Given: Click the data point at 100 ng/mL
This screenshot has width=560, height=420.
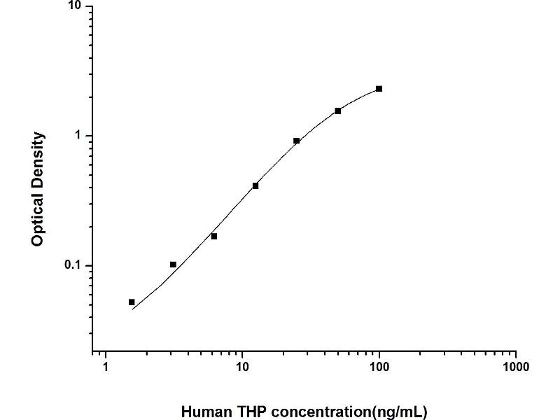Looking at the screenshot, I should (379, 89).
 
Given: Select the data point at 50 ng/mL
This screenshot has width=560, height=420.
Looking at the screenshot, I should (338, 111).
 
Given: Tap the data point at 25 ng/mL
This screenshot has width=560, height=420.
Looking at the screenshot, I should (297, 141).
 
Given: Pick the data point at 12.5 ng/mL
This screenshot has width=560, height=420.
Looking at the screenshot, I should (255, 185).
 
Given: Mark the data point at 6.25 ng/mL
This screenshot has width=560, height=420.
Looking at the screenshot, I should (214, 236).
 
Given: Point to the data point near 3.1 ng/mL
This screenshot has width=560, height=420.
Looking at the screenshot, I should (173, 265).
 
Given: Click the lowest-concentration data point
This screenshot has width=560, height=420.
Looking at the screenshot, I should (132, 302).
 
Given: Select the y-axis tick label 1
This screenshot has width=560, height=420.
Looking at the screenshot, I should (78, 136).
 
